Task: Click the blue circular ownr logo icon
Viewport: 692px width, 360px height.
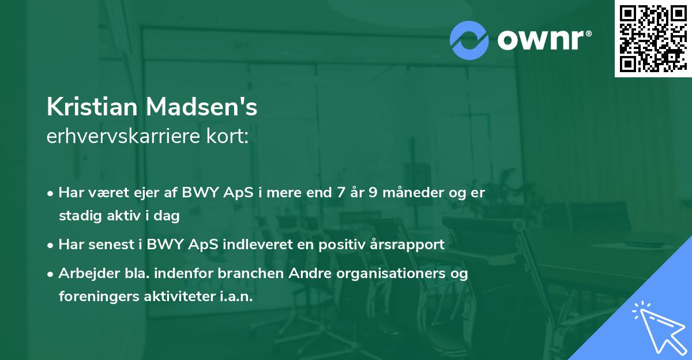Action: (469, 40)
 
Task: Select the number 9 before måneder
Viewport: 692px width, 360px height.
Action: (373, 193)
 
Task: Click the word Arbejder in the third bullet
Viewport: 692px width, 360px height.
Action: (84, 273)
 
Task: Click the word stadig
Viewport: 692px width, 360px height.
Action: (77, 216)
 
